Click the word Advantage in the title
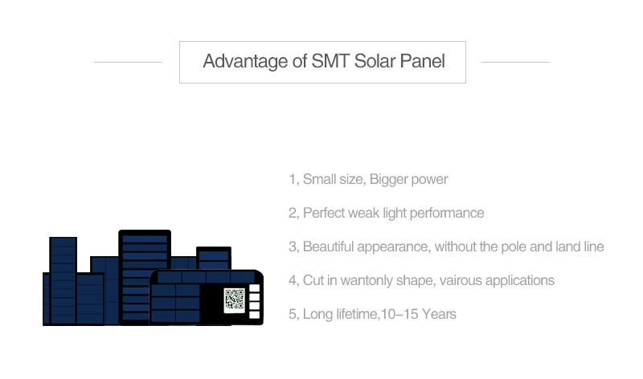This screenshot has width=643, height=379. pyautogui.click(x=245, y=62)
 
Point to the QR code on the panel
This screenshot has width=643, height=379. pyautogui.click(x=234, y=300)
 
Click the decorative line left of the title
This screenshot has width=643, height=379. pyautogui.click(x=128, y=63)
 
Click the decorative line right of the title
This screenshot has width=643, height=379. pyautogui.click(x=515, y=63)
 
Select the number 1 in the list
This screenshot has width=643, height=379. pyautogui.click(x=293, y=179)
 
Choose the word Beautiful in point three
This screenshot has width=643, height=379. pyautogui.click(x=328, y=247)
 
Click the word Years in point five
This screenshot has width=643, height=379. pyautogui.click(x=439, y=314)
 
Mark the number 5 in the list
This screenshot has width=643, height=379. pyautogui.click(x=293, y=314)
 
